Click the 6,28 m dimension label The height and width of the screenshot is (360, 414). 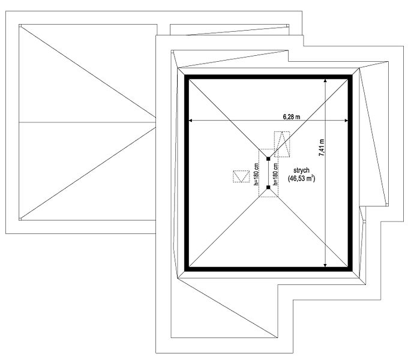click(292, 116)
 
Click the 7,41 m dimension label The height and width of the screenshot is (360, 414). click(322, 148)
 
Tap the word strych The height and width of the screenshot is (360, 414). click(301, 170)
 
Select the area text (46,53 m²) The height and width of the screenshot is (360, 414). click(301, 178)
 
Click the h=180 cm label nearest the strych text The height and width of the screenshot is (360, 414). click(275, 174)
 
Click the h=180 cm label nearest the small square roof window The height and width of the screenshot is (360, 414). click(256, 174)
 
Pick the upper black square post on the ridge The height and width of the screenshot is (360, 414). click(268, 159)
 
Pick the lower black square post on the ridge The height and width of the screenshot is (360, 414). click(268, 187)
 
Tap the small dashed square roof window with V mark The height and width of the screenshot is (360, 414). click(241, 176)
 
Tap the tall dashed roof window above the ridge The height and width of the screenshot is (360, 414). click(282, 144)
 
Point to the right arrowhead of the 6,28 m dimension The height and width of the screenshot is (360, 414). click(346, 121)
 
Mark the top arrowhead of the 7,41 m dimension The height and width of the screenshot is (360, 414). click(325, 81)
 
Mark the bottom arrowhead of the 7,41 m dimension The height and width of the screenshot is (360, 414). click(325, 265)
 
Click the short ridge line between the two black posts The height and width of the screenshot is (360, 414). click(268, 173)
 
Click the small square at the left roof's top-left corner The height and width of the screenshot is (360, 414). click(20, 26)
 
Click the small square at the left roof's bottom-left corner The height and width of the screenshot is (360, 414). click(20, 219)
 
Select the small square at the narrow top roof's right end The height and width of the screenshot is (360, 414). click(288, 26)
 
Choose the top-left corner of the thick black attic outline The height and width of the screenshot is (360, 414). click(185, 75)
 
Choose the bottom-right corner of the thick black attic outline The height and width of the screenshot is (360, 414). click(352, 271)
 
